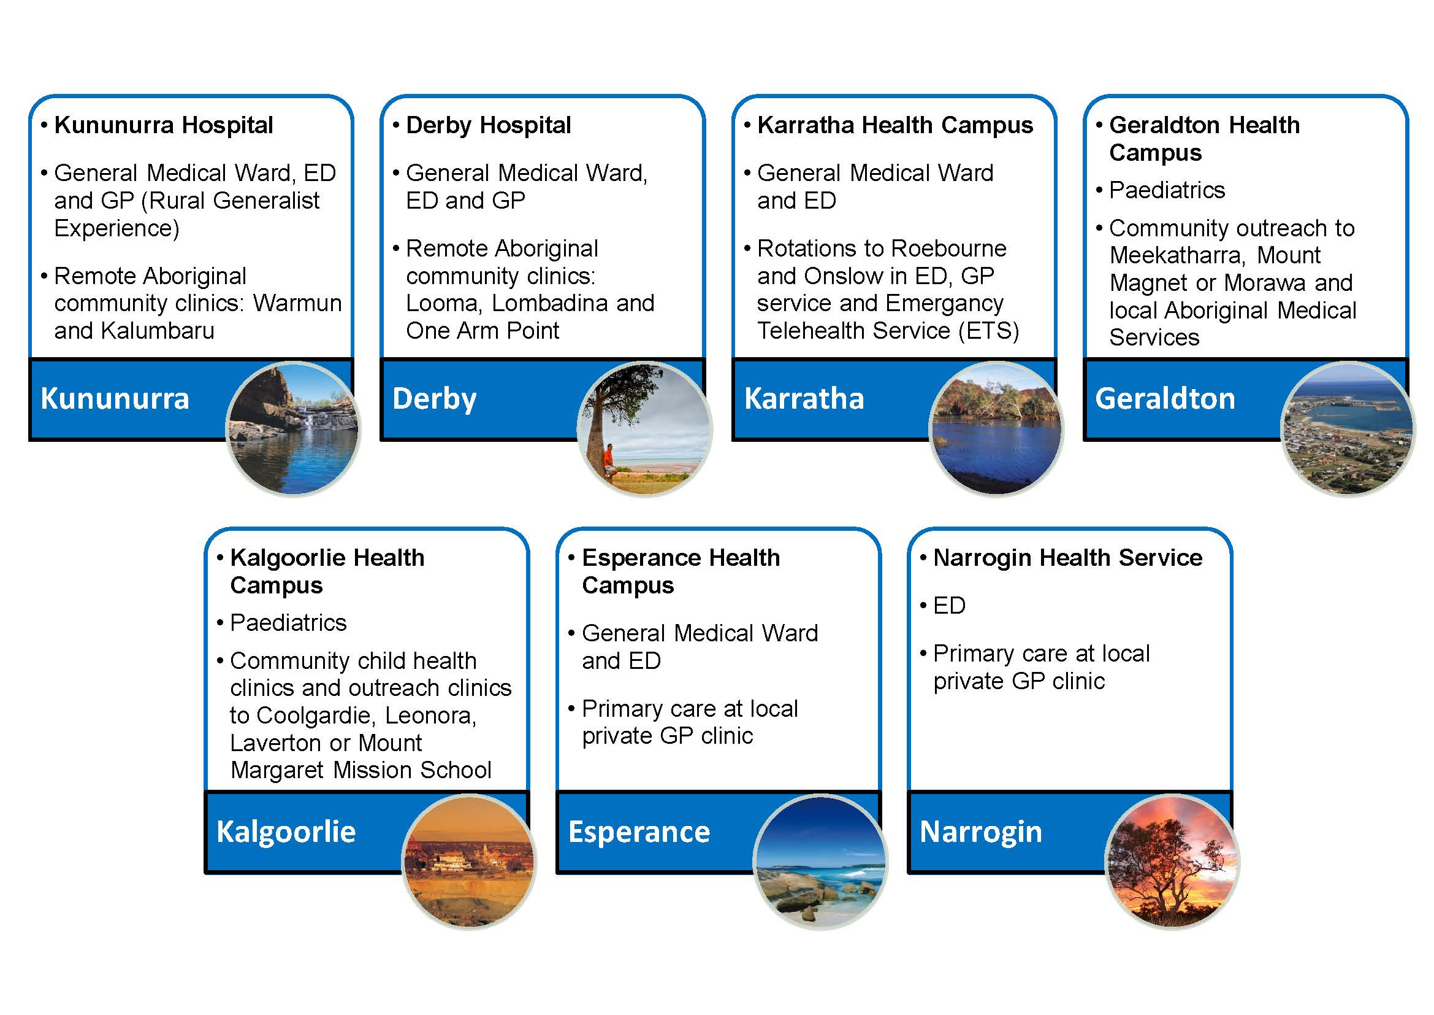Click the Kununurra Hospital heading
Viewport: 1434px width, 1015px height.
click(x=164, y=126)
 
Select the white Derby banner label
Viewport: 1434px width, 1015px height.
click(x=434, y=399)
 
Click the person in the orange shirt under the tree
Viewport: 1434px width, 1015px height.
click(x=609, y=460)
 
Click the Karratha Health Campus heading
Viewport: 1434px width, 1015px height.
click(x=895, y=126)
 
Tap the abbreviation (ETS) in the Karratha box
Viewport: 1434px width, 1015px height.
click(x=989, y=331)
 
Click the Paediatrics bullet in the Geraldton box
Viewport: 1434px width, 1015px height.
click(x=1167, y=190)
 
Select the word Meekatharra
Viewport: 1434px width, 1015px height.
click(x=1177, y=256)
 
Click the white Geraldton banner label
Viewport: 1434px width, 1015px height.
click(x=1165, y=399)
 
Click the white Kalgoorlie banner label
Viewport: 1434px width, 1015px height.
click(x=286, y=832)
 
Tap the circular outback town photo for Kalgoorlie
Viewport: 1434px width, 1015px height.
click(x=469, y=862)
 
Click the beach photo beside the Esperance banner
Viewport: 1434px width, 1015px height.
click(x=821, y=862)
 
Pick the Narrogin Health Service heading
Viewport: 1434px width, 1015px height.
click(x=1067, y=557)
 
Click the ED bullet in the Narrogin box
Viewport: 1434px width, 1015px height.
click(x=948, y=606)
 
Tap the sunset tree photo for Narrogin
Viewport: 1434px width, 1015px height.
click(x=1172, y=862)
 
